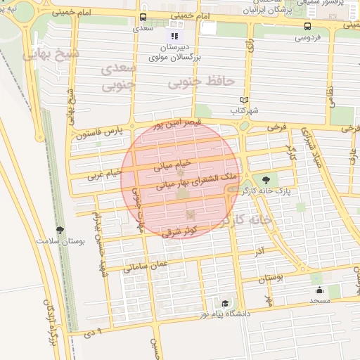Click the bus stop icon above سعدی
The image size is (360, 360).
[143, 18]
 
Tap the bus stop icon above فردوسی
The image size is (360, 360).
[307, 27]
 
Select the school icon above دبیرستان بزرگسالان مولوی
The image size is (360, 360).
[174, 36]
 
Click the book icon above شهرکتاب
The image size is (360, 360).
[244, 100]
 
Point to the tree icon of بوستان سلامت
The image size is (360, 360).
[60, 230]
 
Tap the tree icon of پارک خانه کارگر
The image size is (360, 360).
[264, 179]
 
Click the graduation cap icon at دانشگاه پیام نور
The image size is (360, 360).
[225, 303]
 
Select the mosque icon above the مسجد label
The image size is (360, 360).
[319, 290]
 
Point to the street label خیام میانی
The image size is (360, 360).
[169, 166]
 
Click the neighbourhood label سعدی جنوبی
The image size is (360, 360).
[117, 78]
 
